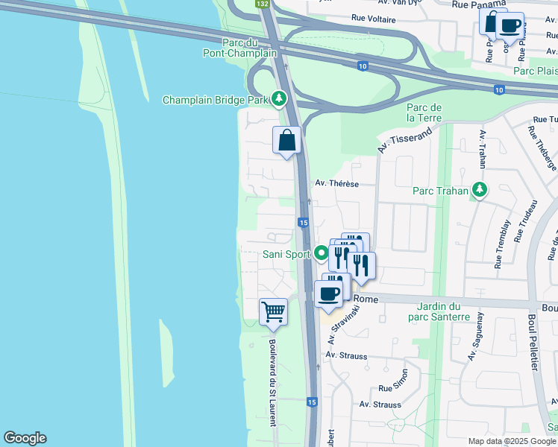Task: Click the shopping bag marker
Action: coord(286,140)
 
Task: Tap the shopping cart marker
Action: coord(273,311)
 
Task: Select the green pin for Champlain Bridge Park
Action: coord(279,98)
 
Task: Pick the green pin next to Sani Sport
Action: coord(322,253)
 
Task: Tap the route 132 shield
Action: coord(262,4)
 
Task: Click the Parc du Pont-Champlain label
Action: coord(240,48)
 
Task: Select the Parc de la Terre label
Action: coord(424,113)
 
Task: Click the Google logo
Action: coord(25,438)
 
